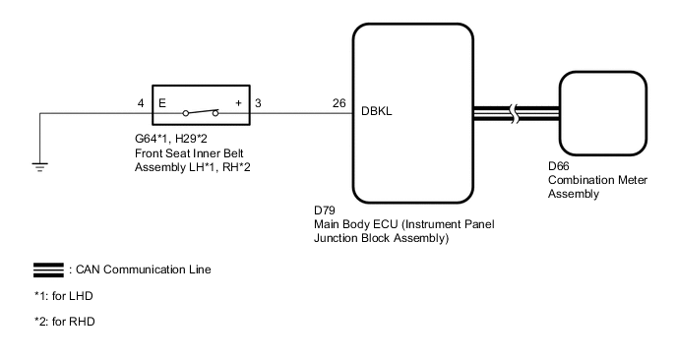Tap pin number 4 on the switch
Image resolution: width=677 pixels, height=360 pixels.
pos(142,102)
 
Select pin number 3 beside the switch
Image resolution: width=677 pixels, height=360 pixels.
pos(258,102)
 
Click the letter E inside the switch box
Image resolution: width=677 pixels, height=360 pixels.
pos(162,102)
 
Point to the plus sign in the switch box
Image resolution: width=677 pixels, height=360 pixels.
pos(237,102)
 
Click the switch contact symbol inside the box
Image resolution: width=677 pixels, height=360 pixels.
pos(201,111)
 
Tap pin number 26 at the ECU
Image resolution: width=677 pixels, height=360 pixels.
pos(338,102)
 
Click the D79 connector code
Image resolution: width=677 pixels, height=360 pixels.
pos(323,211)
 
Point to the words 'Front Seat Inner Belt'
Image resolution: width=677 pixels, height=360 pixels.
pos(190,154)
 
